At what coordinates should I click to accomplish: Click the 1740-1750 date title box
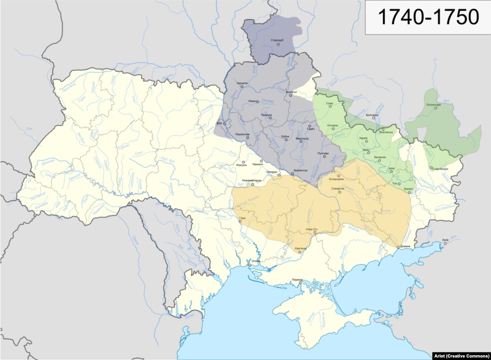click(428, 17)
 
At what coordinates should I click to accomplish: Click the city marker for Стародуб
click(278, 45)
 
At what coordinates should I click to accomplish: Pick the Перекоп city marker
click(299, 283)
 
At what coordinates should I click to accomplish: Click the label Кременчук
click(300, 171)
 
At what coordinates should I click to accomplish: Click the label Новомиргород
click(251, 180)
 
